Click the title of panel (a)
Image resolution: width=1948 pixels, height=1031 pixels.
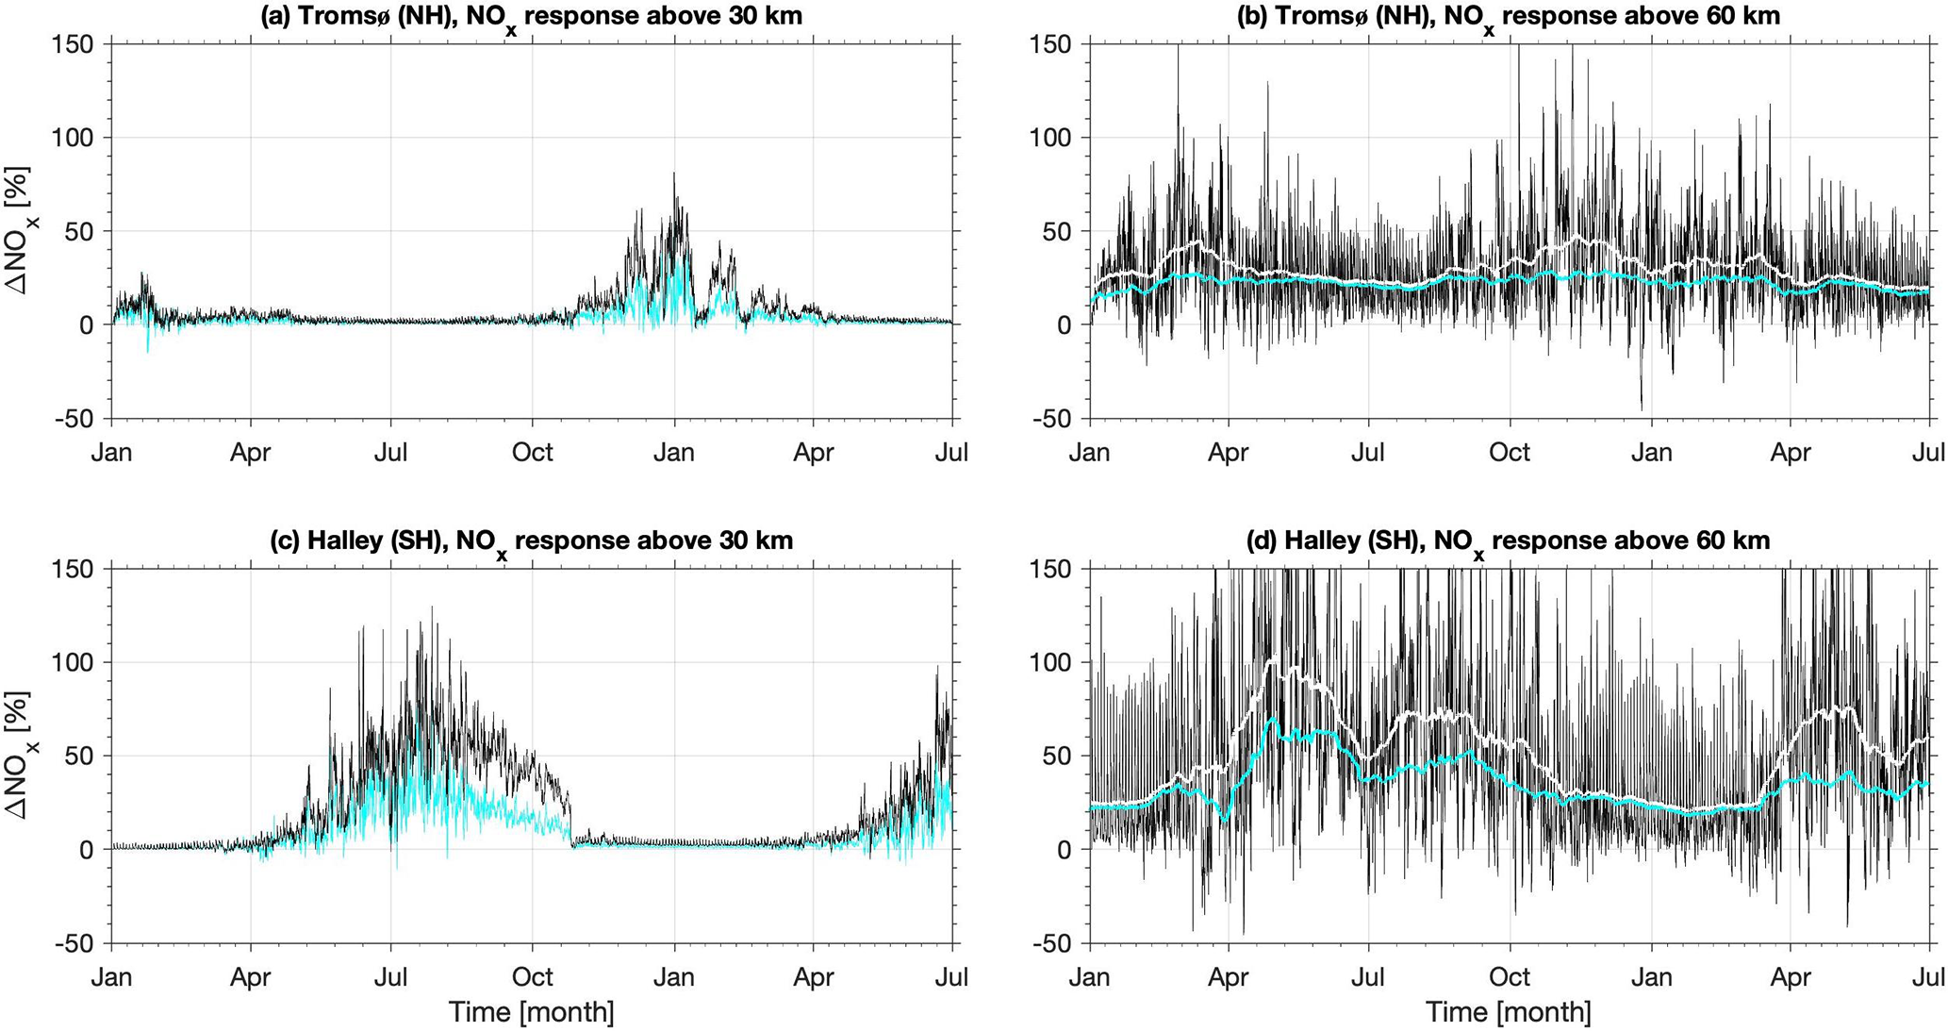click(x=531, y=16)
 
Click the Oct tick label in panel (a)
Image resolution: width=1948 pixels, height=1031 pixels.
click(x=532, y=453)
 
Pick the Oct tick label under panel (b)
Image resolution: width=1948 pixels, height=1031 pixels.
click(x=1509, y=453)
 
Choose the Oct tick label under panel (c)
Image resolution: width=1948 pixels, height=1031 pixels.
click(x=532, y=977)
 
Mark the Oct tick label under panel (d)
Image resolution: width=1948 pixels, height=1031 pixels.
click(x=1509, y=977)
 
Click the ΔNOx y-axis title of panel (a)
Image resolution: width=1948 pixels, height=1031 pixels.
click(x=19, y=231)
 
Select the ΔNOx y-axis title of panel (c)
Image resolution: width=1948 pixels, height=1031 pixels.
click(x=19, y=756)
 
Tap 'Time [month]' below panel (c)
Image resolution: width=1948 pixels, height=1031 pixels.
click(x=531, y=1013)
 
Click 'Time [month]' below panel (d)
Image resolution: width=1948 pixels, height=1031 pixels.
click(x=1509, y=1013)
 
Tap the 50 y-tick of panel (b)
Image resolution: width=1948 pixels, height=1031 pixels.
click(x=1060, y=231)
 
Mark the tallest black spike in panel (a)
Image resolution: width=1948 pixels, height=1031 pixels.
click(x=674, y=175)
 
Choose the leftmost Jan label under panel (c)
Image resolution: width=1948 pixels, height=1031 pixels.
click(x=111, y=977)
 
